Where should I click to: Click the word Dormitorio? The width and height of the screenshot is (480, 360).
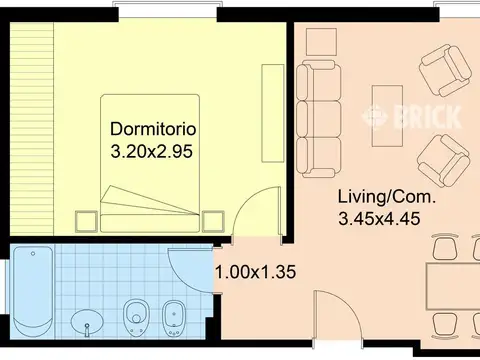coord(153,129)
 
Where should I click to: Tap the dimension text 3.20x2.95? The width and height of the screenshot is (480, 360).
coord(152,152)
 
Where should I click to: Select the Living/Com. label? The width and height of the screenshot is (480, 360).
coord(387,197)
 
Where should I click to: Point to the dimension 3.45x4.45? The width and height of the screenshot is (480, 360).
coord(379,219)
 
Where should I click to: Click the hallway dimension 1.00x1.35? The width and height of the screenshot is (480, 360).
coord(256,272)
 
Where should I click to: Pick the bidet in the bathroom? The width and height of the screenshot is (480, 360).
coord(174,318)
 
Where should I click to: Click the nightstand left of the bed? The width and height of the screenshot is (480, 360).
coord(86,222)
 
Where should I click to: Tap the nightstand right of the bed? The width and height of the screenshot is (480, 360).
coord(213,222)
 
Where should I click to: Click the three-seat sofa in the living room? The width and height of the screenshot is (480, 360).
coord(318,119)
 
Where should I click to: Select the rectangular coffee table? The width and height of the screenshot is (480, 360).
coord(387,116)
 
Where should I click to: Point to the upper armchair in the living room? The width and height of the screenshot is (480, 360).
coord(445,71)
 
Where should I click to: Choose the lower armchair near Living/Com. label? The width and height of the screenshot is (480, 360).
coord(444,161)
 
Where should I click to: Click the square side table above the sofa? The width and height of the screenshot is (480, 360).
coord(321,42)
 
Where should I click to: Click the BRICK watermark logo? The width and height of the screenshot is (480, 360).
coord(412,116)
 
